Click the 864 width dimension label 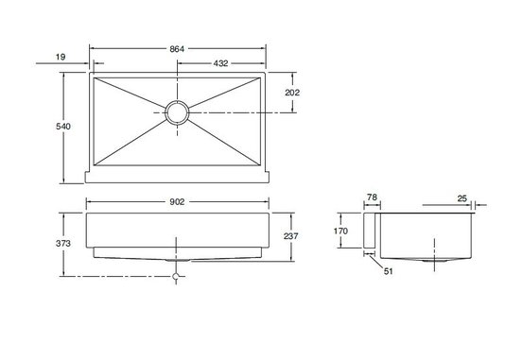177,49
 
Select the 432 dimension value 220,63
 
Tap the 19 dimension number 61,57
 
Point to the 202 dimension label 292,93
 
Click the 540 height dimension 63,127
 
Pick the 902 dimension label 177,201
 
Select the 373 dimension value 63,244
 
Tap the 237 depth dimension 291,236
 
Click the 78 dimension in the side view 372,197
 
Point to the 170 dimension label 340,231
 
